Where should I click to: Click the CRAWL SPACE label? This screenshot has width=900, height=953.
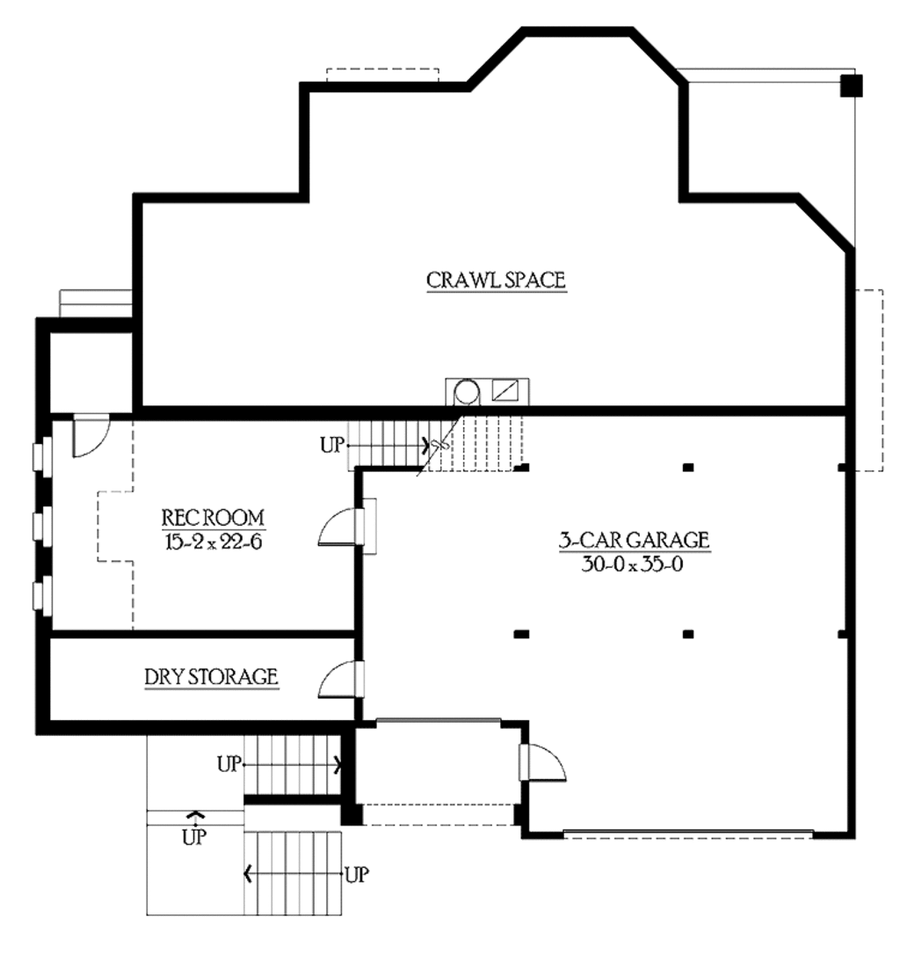tap(496, 280)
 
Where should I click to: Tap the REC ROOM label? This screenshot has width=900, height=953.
tap(213, 518)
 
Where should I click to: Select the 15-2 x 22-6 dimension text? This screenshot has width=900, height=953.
tap(213, 542)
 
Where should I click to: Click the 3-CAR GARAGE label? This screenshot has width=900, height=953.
tap(635, 540)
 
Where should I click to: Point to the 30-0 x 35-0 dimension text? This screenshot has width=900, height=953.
tap(632, 564)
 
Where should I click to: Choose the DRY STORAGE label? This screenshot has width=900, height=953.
tap(212, 677)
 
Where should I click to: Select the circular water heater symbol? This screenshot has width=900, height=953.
tap(468, 392)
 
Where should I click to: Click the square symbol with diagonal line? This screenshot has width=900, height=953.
tap(505, 390)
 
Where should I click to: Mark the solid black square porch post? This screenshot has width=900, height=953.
tap(852, 85)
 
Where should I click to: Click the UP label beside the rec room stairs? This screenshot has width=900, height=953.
tap(332, 445)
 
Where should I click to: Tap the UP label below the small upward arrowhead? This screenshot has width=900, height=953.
tap(194, 838)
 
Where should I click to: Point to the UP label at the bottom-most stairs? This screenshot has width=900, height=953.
tap(357, 875)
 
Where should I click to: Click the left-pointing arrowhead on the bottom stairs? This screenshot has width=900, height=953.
tap(248, 875)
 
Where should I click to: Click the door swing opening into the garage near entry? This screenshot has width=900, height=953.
tap(544, 762)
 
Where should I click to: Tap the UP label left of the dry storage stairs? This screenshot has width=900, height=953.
tap(229, 764)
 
